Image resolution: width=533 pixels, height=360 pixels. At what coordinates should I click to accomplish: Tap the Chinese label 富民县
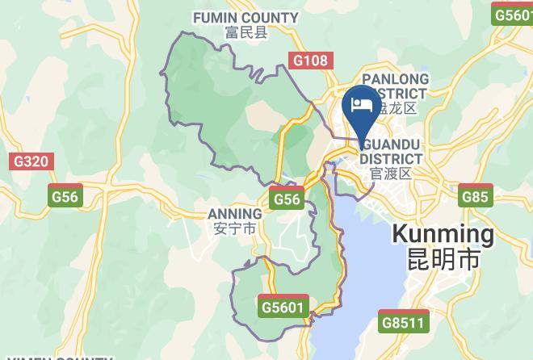pyautogui.click(x=246, y=32)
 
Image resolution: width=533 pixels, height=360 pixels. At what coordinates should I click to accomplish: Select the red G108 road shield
pyautogui.click(x=310, y=60)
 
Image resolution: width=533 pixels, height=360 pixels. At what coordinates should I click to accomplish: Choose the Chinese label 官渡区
pyautogui.click(x=391, y=173)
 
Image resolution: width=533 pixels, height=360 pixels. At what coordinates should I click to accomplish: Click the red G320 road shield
pyautogui.click(x=31, y=161)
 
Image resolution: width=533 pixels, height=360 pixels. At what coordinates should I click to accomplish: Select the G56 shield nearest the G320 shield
pyautogui.click(x=65, y=196)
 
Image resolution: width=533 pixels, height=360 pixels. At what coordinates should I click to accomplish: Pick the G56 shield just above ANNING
pyautogui.click(x=287, y=199)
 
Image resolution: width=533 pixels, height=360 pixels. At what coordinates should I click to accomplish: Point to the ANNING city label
pyautogui.click(x=234, y=214)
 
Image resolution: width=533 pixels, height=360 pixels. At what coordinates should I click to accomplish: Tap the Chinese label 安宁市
pyautogui.click(x=234, y=228)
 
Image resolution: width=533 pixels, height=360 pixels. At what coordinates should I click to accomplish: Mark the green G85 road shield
pyautogui.click(x=475, y=195)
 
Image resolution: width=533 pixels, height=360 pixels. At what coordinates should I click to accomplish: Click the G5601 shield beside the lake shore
pyautogui.click(x=284, y=307)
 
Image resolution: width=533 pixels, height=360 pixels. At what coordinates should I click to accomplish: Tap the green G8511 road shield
pyautogui.click(x=404, y=323)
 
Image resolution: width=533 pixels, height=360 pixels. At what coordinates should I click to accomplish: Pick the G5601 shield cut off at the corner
pyautogui.click(x=514, y=14)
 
